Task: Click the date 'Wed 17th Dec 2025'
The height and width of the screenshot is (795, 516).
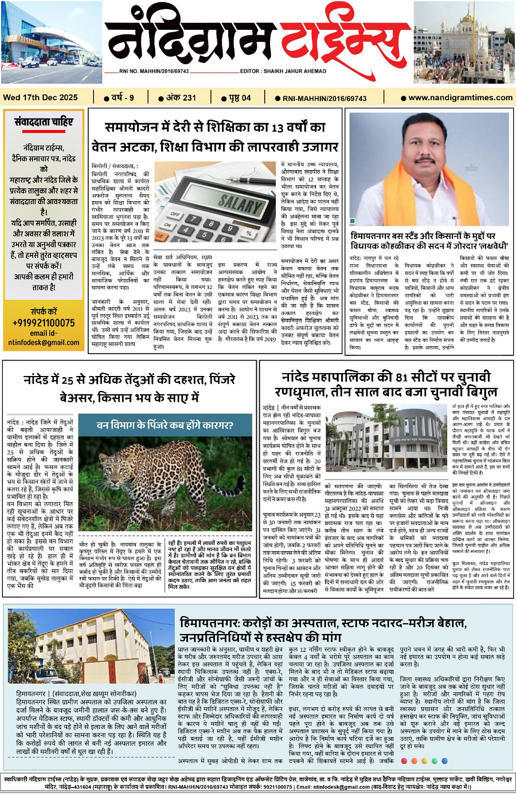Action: pos(40,97)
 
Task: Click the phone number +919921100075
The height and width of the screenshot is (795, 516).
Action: pos(44,323)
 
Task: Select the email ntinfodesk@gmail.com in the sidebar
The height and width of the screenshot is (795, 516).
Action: pos(44,343)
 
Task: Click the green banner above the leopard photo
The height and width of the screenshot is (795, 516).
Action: pos(165,425)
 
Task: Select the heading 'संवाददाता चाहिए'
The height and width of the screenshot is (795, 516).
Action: pos(44,122)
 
